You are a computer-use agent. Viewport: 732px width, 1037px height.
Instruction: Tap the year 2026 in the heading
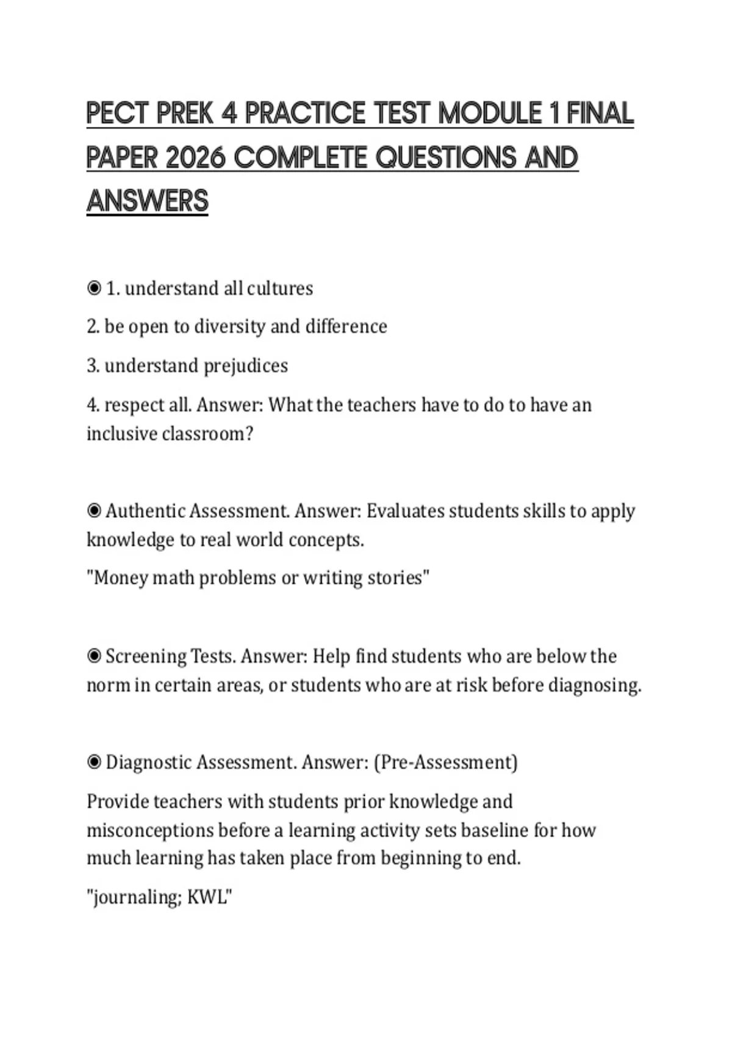click(195, 158)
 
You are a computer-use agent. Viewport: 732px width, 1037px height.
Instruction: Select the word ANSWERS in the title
click(148, 201)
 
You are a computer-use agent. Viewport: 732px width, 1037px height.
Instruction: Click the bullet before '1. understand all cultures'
click(94, 288)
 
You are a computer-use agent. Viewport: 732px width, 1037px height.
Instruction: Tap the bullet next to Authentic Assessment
click(94, 511)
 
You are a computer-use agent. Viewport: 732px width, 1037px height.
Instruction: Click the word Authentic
click(145, 511)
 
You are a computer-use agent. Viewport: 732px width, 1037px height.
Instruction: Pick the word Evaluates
click(405, 511)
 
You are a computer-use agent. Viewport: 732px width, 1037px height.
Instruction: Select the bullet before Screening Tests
click(94, 656)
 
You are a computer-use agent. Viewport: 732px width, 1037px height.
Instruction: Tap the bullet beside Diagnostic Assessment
click(94, 762)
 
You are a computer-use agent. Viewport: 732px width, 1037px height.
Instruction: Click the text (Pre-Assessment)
click(445, 762)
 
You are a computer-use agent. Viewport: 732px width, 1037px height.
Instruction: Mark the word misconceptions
click(150, 830)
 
